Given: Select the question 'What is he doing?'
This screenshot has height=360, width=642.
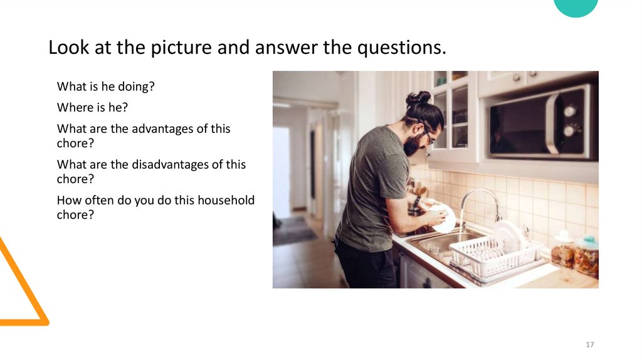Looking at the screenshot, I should click(x=105, y=87).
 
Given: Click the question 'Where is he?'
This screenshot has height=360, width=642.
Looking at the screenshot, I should click(x=92, y=107).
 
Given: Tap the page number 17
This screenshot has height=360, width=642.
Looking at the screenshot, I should click(x=589, y=345).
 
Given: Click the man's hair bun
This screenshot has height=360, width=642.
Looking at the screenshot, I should click(x=419, y=98).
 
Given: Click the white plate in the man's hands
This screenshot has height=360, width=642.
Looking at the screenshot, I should click(x=446, y=219).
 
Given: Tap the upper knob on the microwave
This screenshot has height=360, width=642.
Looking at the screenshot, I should click(x=570, y=111).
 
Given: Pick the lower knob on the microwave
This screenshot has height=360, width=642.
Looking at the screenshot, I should click(x=569, y=130).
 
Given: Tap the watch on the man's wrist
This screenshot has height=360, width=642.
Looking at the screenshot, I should click(x=417, y=201).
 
